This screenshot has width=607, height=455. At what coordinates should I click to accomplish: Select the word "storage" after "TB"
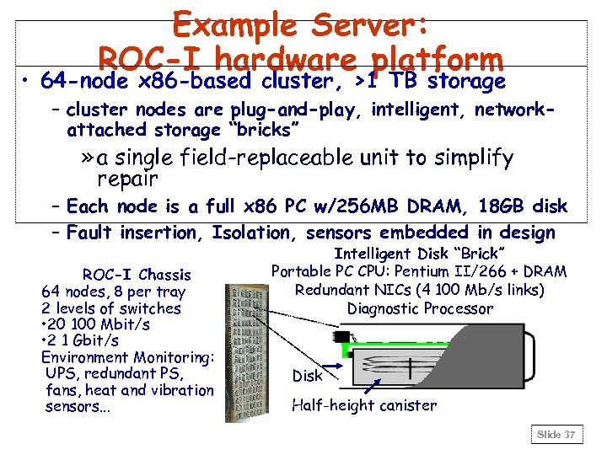[466, 82]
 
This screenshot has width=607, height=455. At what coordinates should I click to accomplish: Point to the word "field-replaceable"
[270, 158]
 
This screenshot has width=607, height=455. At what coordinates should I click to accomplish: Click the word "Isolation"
[250, 233]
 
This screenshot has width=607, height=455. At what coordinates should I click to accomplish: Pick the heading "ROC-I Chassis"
[136, 275]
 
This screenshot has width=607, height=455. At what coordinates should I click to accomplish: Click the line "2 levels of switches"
[111, 308]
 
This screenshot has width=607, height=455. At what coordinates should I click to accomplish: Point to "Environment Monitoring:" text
[128, 357]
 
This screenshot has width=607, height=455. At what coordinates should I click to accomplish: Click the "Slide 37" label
[556, 435]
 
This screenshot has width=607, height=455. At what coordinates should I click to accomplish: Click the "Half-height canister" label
[364, 405]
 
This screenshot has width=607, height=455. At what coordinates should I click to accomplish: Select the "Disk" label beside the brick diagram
[307, 376]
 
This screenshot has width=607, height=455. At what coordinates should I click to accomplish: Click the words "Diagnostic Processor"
[420, 308]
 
